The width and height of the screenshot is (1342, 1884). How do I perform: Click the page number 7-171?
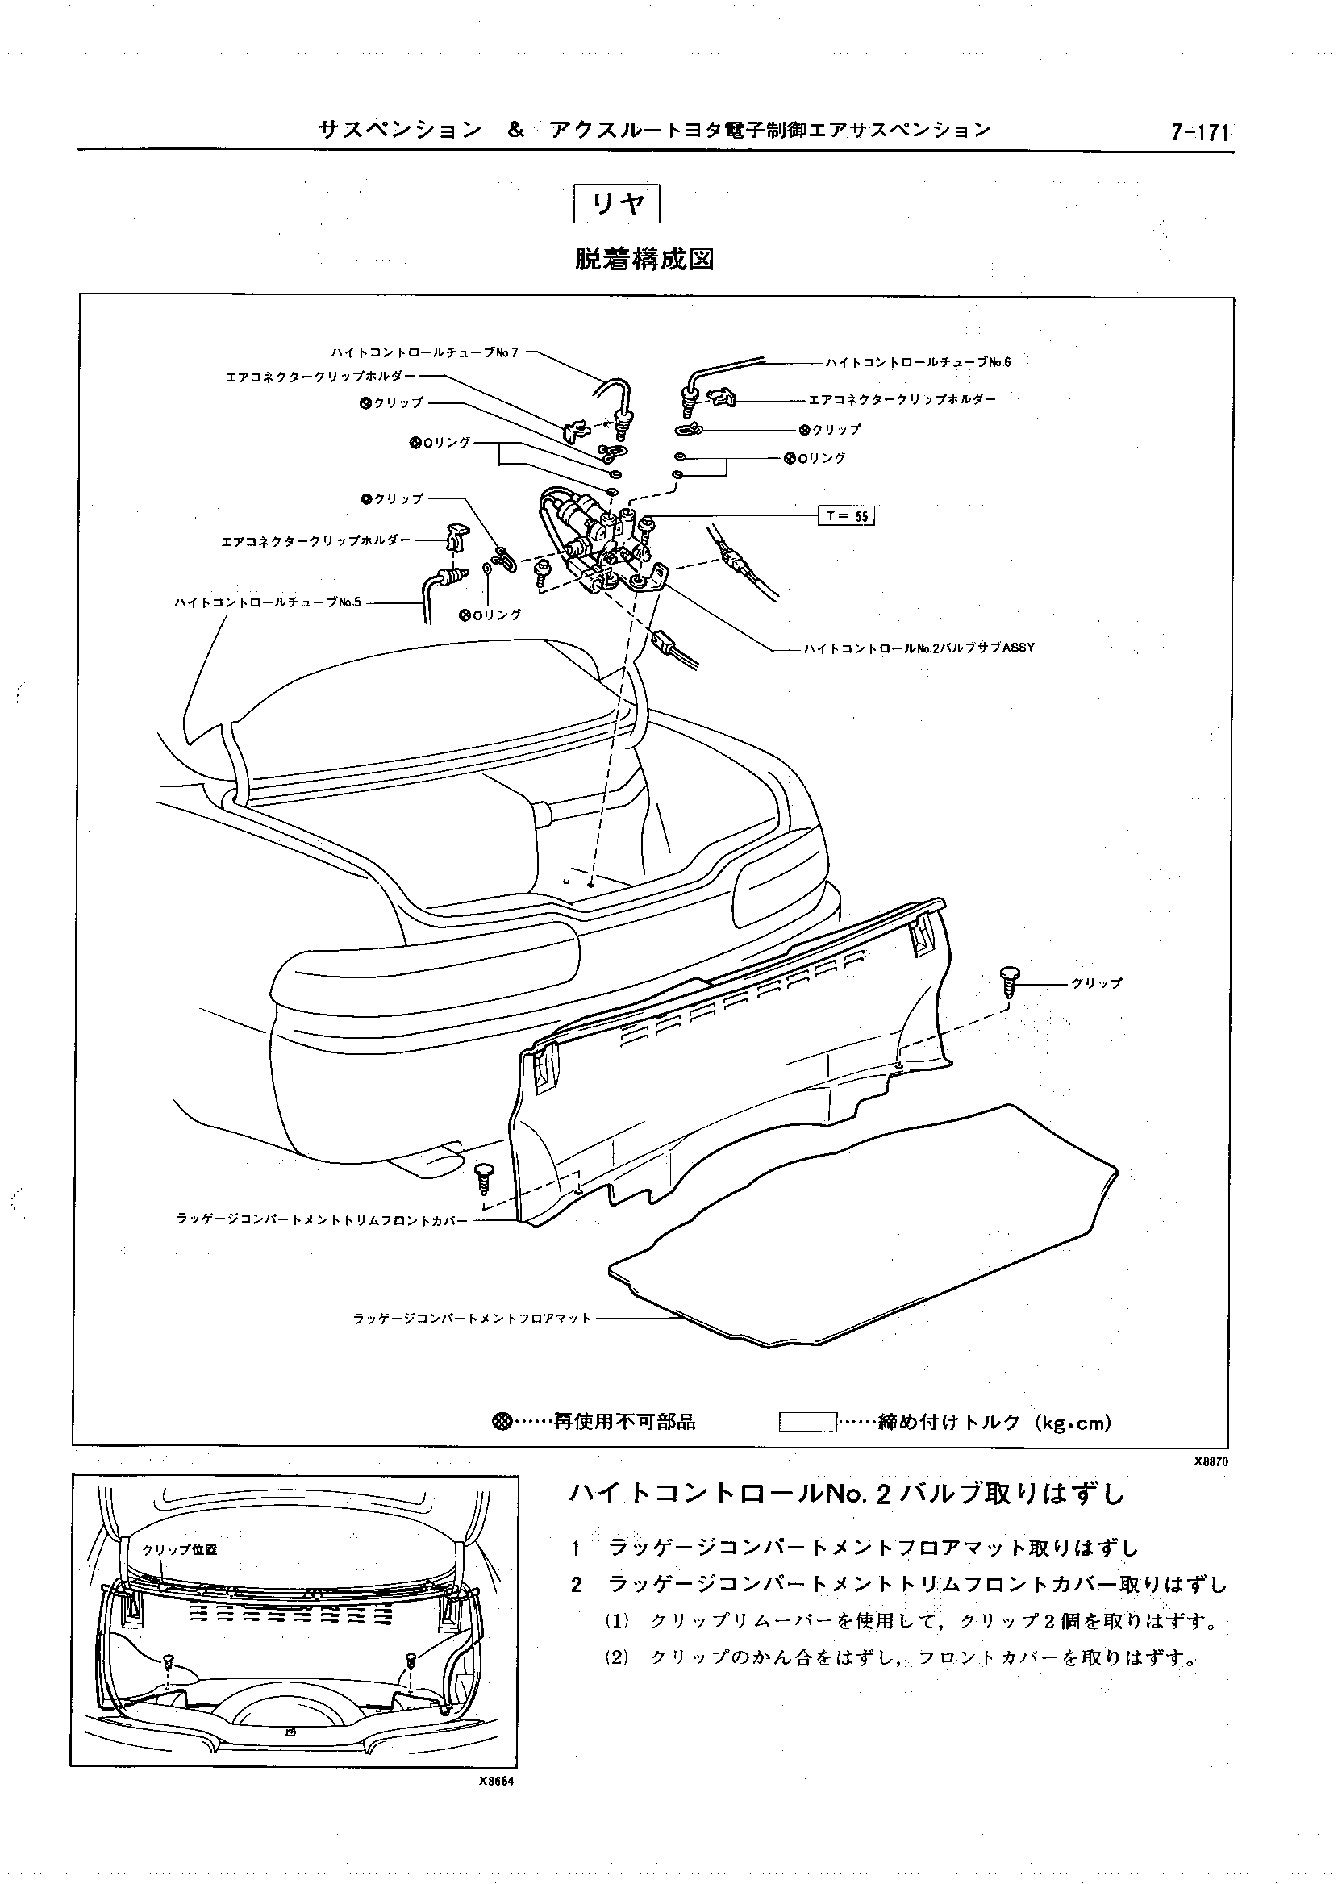point(1200,132)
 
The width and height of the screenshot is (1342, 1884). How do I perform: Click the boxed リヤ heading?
point(616,203)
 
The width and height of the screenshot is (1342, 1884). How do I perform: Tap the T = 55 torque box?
point(845,515)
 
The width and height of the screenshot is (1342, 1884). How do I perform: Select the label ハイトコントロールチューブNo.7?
point(424,352)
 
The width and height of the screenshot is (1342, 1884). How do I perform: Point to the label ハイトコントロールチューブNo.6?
point(917,362)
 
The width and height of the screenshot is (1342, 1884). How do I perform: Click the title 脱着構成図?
point(644,260)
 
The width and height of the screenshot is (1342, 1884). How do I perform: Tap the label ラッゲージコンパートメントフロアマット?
point(472,1318)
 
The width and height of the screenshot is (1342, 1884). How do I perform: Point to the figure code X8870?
point(1211,1461)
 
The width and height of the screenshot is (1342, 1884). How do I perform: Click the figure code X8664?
point(496,1782)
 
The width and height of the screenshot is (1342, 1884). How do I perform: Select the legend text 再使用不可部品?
point(624,1422)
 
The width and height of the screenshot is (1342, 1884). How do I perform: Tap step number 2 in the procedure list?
point(577,1584)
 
